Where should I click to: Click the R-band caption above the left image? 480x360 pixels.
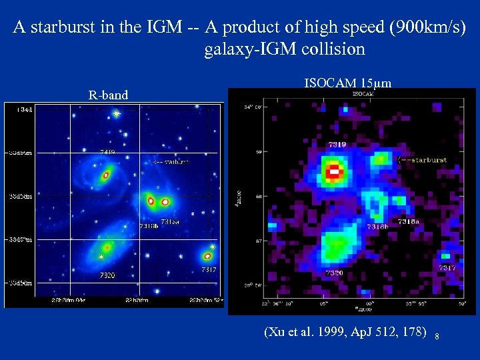108,95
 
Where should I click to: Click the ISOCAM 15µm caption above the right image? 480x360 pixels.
347,83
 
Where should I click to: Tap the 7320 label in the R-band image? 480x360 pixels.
107,275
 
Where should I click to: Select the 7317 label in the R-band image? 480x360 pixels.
209,269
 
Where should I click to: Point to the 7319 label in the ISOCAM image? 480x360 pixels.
337,145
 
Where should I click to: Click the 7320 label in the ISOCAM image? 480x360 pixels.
335,273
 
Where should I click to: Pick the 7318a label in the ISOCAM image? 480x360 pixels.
409,221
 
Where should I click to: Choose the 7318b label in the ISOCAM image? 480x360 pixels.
377,227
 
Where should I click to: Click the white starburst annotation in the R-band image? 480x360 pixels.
171,161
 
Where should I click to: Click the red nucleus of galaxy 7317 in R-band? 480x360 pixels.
207,255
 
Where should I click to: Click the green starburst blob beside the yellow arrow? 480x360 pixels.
381,159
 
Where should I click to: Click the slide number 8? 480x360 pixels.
437,337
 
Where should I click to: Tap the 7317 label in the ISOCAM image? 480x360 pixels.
447,267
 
